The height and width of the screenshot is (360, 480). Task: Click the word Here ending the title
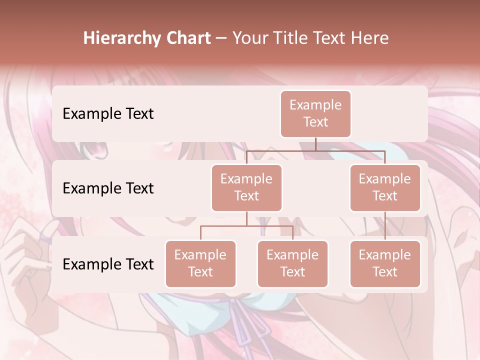[x=370, y=38]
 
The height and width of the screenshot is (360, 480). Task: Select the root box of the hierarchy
[x=315, y=113]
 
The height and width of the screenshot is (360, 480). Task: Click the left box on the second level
[x=246, y=187]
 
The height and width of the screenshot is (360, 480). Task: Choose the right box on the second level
[x=385, y=187]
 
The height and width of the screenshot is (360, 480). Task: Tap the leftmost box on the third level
[x=200, y=263]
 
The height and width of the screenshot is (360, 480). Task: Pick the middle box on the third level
[x=292, y=263]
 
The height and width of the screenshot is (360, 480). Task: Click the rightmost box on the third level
[x=385, y=263]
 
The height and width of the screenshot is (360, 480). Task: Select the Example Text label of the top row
[x=108, y=113]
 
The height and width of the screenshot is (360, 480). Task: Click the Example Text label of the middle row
[x=108, y=188]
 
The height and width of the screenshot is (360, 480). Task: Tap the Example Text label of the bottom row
[x=108, y=264]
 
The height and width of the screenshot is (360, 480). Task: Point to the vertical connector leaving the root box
[x=315, y=144]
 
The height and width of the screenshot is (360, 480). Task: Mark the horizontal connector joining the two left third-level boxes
[x=246, y=226]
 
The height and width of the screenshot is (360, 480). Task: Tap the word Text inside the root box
[x=315, y=122]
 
